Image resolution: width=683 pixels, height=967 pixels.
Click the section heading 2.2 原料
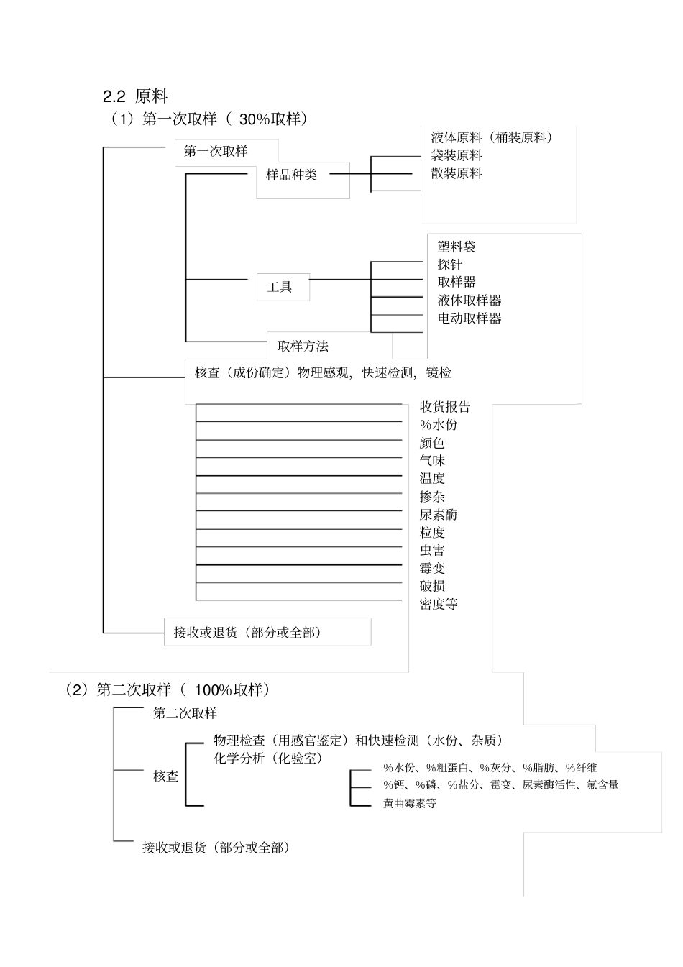coord(136,96)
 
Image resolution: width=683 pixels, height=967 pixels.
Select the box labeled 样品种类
coord(292,175)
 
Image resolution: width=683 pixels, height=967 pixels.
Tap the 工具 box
coord(280,287)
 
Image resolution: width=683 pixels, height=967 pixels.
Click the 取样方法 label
coord(303,347)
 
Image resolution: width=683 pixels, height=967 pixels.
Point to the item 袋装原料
coord(457,155)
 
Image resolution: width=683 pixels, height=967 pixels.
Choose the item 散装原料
coord(457,173)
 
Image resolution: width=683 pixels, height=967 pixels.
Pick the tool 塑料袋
coord(457,247)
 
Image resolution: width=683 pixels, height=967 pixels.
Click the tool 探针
coord(450,265)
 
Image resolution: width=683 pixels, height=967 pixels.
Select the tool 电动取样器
coord(469,318)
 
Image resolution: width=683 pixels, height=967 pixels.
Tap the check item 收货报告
coord(445,407)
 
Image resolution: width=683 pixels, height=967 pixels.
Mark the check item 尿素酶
coord(439,515)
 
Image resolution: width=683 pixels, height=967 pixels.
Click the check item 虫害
coord(432,551)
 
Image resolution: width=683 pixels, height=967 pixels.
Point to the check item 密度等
coord(439,605)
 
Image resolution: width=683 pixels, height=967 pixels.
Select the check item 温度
coord(432,479)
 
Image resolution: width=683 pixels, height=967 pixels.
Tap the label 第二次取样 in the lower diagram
coord(185,713)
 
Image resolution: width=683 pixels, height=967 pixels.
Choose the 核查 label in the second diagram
coord(166,776)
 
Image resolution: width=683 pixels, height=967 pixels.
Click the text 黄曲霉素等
coord(410,804)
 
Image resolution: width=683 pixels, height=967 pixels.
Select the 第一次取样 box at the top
coord(216,152)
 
